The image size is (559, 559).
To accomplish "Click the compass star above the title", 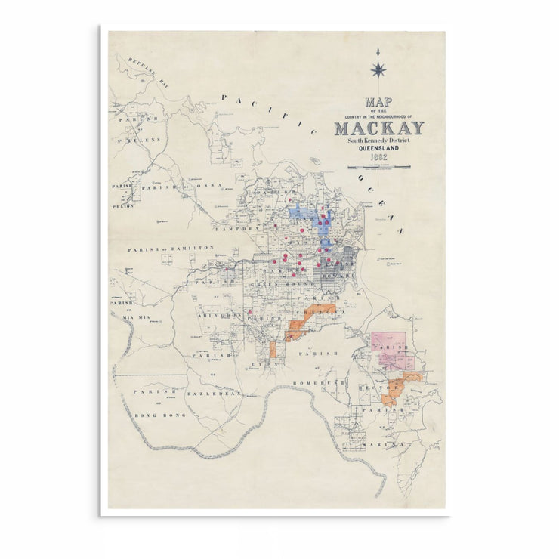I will click(x=378, y=70).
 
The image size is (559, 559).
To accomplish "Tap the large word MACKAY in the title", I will click(x=379, y=128).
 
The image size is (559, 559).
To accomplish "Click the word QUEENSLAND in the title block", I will click(x=378, y=148).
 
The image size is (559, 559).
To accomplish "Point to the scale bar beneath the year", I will click(x=378, y=167).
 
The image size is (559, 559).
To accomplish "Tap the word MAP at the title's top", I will click(x=378, y=103).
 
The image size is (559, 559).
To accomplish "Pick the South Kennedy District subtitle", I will click(x=378, y=140).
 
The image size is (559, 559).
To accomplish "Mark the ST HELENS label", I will click(x=136, y=141).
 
